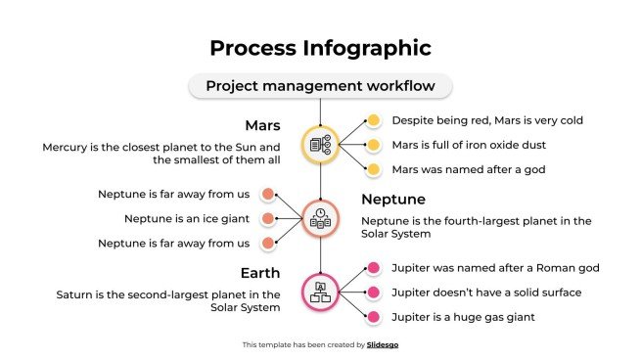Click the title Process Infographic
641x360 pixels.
(x=320, y=47)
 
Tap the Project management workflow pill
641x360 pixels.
(x=320, y=86)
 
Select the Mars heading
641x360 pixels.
(x=263, y=126)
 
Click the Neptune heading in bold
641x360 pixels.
(x=392, y=200)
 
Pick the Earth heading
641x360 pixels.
(x=261, y=273)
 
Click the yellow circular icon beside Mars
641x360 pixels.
(x=320, y=145)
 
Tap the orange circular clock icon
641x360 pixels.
(x=320, y=217)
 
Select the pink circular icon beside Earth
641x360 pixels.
(x=320, y=291)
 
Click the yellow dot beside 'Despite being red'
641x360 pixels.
(x=373, y=120)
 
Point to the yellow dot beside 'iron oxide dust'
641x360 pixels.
(x=373, y=145)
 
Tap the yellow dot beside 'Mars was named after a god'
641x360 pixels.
(x=373, y=169)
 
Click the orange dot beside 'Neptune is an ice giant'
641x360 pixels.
(x=267, y=218)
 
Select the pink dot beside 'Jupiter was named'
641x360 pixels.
(x=373, y=267)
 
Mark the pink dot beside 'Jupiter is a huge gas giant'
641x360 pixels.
(x=373, y=316)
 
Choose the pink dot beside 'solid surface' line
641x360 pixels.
(x=373, y=292)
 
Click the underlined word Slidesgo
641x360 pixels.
(x=383, y=344)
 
